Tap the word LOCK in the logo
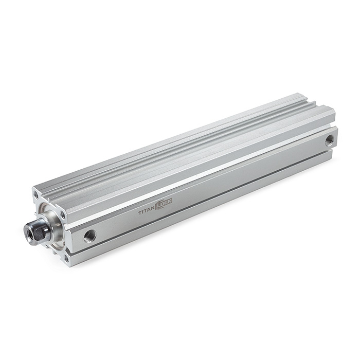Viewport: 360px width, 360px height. tap(165, 203)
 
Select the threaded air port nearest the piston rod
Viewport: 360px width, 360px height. tap(90, 236)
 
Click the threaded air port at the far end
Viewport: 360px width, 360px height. tap(329, 139)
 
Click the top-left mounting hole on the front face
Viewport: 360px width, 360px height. tap(37, 195)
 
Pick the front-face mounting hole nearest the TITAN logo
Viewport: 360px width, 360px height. tap(62, 214)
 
